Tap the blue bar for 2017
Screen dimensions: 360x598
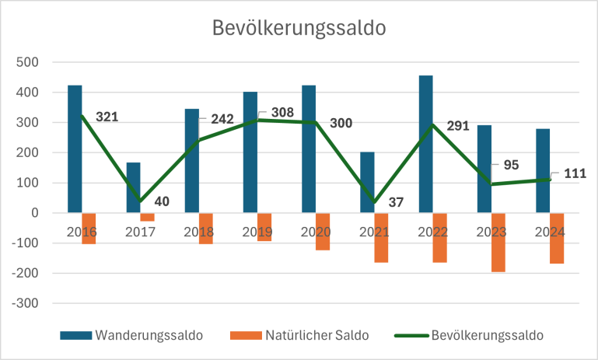(x=133, y=187)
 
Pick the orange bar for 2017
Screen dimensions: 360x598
(x=148, y=217)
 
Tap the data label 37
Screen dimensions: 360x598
(x=395, y=203)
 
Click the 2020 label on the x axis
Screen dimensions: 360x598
(x=316, y=232)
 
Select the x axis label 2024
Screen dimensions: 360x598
(x=550, y=232)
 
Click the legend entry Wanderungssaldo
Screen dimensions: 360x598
(x=148, y=335)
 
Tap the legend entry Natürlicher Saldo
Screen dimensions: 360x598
(x=314, y=335)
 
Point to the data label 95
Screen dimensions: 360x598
(x=510, y=165)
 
